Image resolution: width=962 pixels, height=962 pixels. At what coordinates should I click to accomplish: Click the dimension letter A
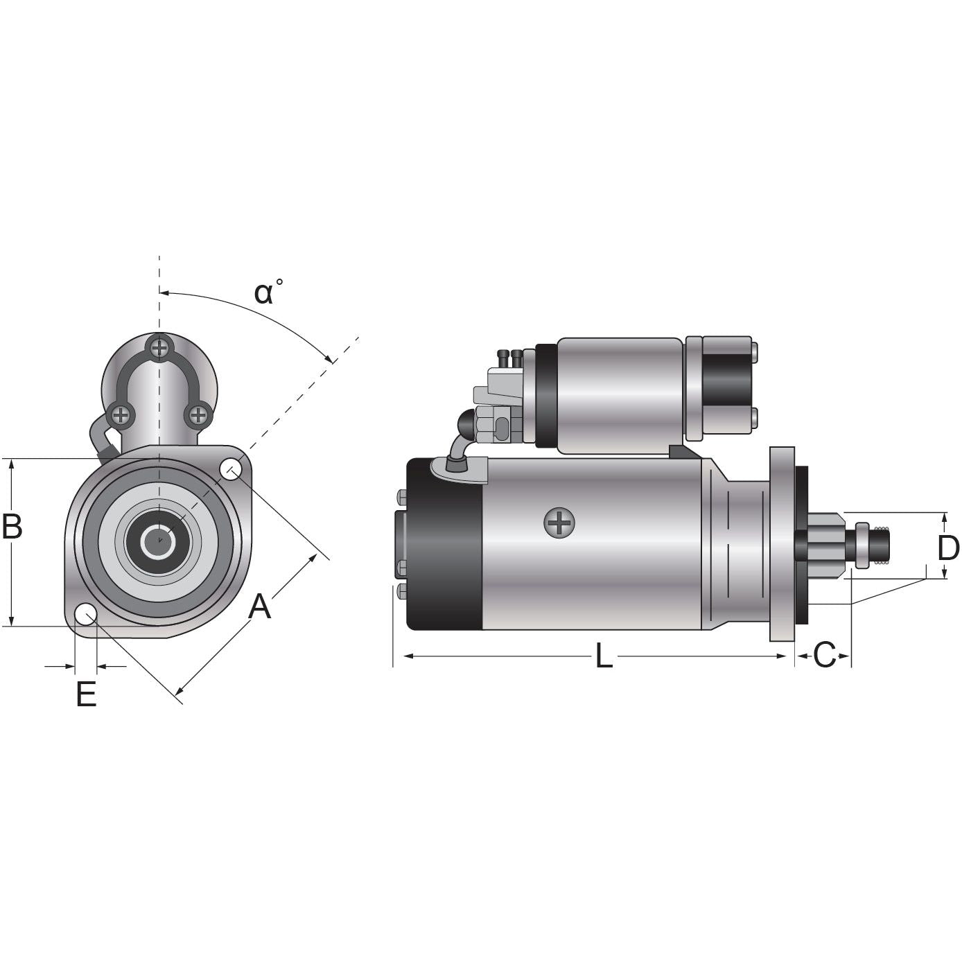click(x=259, y=606)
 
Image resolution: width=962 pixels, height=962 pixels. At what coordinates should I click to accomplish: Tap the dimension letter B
click(x=12, y=527)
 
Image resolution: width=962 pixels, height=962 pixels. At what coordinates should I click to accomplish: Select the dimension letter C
click(x=824, y=655)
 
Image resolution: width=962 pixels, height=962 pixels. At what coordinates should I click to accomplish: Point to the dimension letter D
click(x=948, y=548)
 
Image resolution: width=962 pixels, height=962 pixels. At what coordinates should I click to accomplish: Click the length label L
click(x=604, y=656)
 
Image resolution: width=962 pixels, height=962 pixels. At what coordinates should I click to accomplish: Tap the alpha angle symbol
click(x=264, y=293)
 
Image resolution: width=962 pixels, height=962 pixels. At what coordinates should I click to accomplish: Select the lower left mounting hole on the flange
click(x=85, y=613)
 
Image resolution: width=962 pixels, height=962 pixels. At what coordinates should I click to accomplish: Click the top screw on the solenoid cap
click(x=160, y=346)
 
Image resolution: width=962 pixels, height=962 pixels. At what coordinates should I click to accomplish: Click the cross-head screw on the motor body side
click(x=559, y=523)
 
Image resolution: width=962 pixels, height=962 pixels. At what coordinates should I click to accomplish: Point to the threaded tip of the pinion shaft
click(x=880, y=545)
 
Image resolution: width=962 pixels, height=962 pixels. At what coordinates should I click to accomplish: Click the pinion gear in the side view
click(x=827, y=545)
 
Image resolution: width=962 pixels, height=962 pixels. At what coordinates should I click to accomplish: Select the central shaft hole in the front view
click(x=159, y=541)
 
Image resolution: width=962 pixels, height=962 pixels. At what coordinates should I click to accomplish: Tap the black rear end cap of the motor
click(x=444, y=544)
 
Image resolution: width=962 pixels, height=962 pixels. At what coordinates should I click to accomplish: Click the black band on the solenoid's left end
click(x=546, y=395)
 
